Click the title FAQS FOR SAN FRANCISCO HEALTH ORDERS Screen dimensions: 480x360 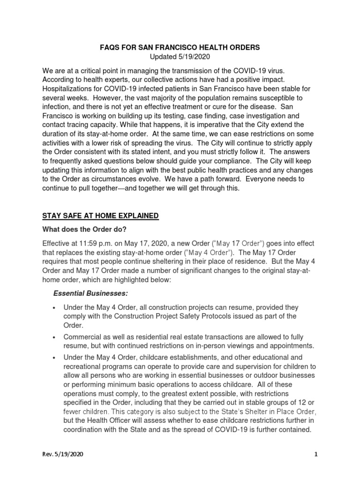pos(180,48)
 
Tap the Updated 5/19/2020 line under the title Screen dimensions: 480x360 pos(180,57)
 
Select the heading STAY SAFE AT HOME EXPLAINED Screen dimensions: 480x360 pos(101,216)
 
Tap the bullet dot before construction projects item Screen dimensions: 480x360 pos(55,307)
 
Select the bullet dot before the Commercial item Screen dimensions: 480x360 pos(55,337)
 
